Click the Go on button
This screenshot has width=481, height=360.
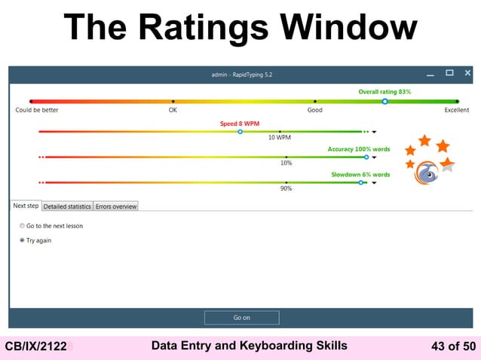coord(241,318)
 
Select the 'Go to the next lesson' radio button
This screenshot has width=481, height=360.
coord(22,226)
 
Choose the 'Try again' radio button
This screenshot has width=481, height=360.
coord(22,241)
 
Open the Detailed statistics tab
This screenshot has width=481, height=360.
coord(67,206)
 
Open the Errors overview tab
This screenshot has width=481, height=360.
coord(115,206)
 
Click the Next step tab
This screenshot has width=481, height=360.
coord(26,206)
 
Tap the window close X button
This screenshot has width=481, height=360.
coord(467,73)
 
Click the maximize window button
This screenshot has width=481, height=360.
coord(449,73)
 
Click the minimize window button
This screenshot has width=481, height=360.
coord(430,74)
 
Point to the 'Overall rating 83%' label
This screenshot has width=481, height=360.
coord(384,92)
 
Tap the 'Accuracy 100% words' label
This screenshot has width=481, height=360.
coord(358,149)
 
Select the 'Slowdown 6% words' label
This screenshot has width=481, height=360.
coord(360,175)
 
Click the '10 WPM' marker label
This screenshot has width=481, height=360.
coord(280,138)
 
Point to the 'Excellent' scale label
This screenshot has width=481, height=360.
coord(456,110)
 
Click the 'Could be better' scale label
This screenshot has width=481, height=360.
coord(37,110)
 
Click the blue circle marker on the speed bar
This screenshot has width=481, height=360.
coord(240,131)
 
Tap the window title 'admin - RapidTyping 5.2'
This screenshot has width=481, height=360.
coord(242,74)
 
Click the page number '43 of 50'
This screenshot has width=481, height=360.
coord(452,346)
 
